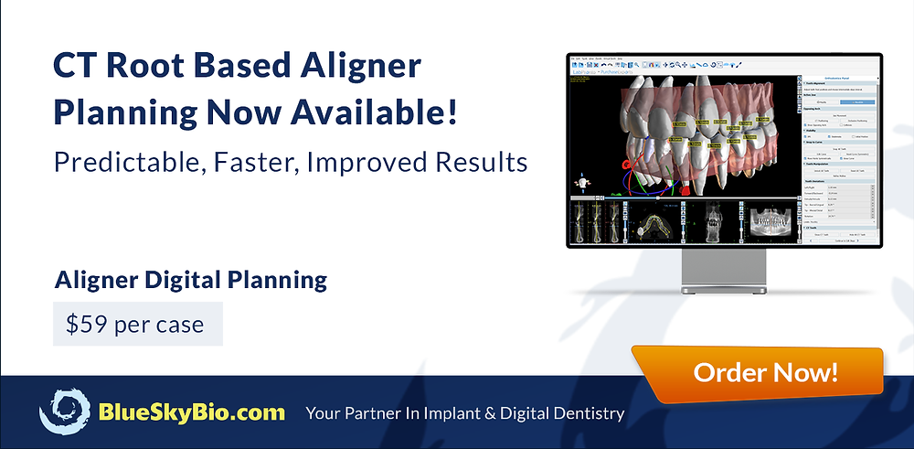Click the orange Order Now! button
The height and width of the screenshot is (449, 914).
coord(766,372)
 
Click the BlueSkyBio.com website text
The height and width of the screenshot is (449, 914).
coord(192,412)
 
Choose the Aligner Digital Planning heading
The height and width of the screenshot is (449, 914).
coord(191,279)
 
